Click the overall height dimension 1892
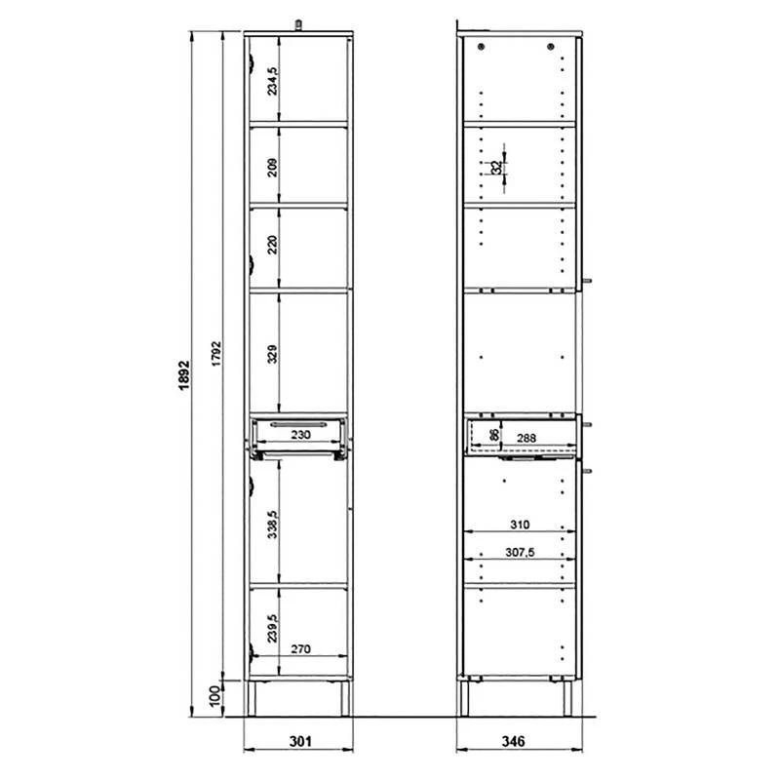184,375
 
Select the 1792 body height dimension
216,354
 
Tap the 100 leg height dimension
214,695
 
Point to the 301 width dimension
300,741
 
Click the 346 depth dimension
513,741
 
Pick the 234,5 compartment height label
273,81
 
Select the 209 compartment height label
273,167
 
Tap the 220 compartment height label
273,245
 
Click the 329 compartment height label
273,354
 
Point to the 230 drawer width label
300,435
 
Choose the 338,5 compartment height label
273,524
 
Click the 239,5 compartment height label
273,628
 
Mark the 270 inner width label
300,648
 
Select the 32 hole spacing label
496,168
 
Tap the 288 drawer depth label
526,438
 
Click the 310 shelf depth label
520,525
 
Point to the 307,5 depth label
520,552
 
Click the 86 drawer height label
494,435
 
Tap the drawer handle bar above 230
299,424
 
